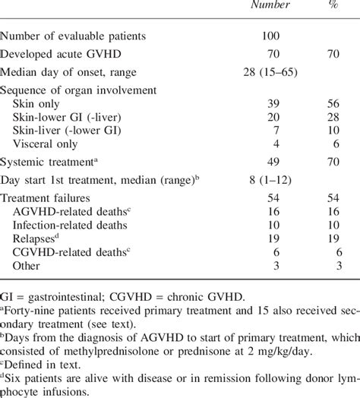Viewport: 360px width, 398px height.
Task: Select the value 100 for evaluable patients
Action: pyautogui.click(x=270, y=36)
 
